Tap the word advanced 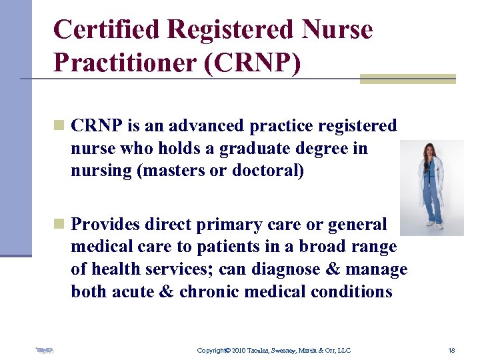click(205, 125)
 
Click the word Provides click(106, 224)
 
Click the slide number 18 click(451, 350)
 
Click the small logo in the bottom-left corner click(45, 350)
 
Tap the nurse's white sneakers click(434, 226)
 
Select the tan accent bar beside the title click(407, 79)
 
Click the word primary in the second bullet click(231, 224)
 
